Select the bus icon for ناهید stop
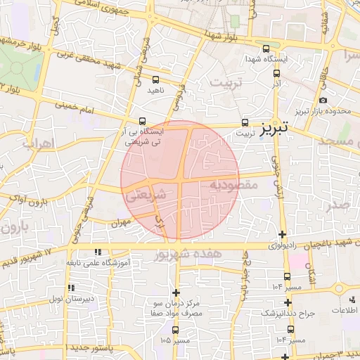(155, 80)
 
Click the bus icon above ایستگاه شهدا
(265, 49)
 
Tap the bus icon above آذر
(277, 73)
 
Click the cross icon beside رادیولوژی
(283, 234)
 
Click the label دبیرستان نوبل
(67, 299)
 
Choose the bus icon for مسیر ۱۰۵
(175, 330)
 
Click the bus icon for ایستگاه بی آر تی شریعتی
(143, 121)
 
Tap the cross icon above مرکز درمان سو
(176, 292)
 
